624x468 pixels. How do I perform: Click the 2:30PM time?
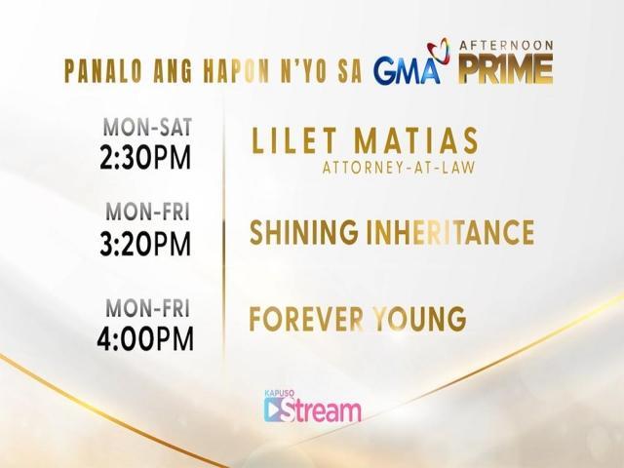146,157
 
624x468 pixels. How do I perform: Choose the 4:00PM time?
146,337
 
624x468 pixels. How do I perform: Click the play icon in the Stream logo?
277,410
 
